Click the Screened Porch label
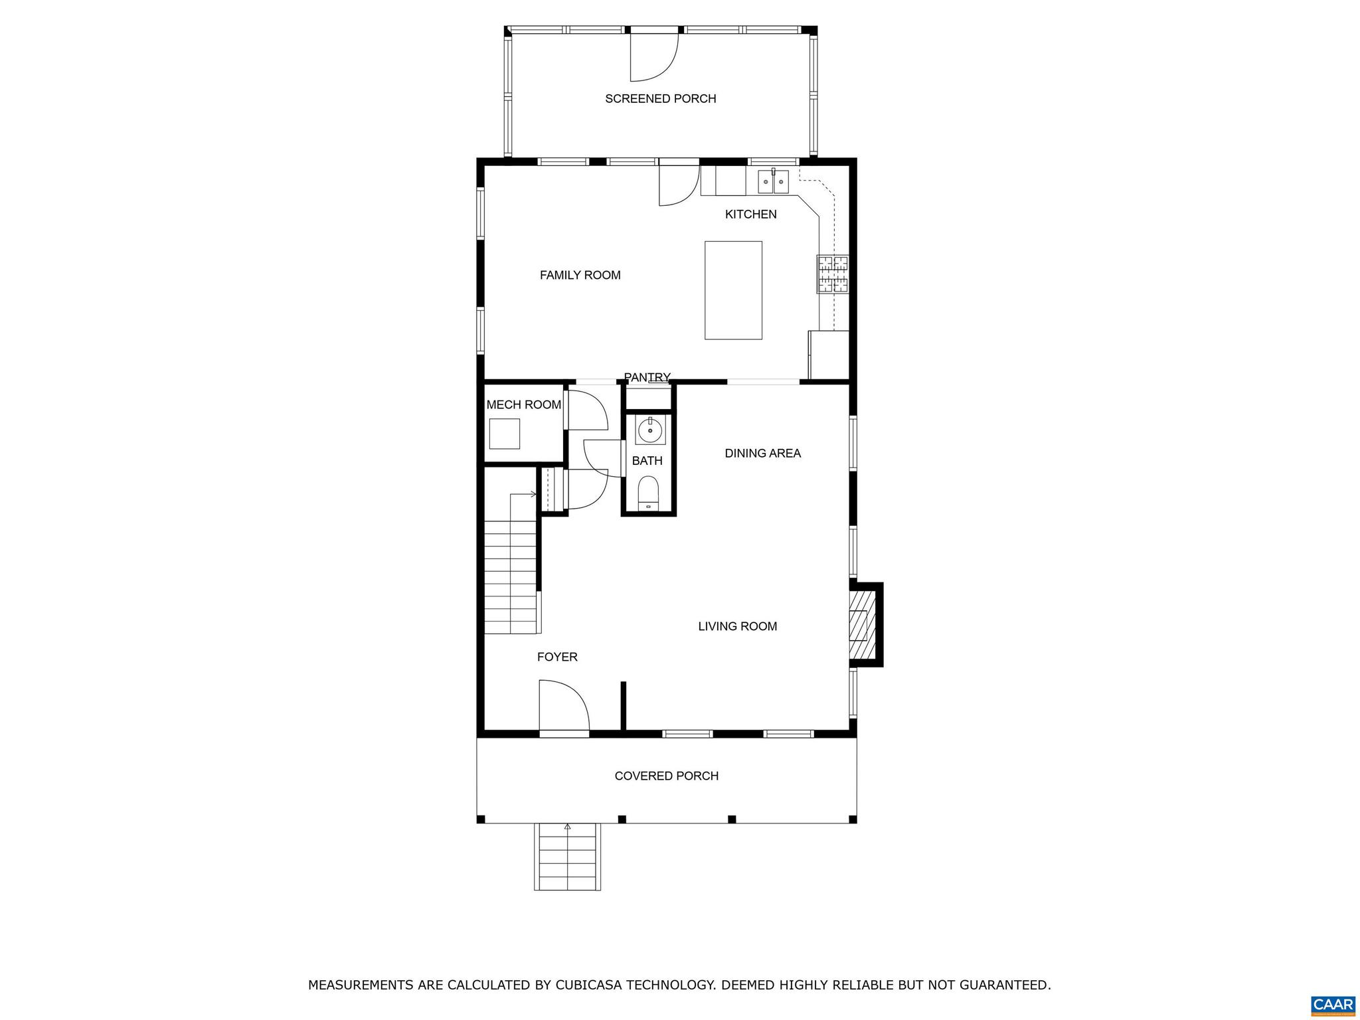[x=660, y=99]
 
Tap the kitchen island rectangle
[x=733, y=290]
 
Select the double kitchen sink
[x=773, y=181]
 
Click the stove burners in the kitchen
[x=833, y=274]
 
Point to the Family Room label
[x=580, y=275]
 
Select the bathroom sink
[x=649, y=430]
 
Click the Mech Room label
[x=523, y=404]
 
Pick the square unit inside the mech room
[x=504, y=434]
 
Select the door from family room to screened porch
[x=678, y=185]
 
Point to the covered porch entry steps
[x=567, y=857]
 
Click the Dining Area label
[x=762, y=454]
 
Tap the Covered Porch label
[x=666, y=776]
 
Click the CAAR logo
[x=1333, y=1003]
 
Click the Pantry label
[x=647, y=377]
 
